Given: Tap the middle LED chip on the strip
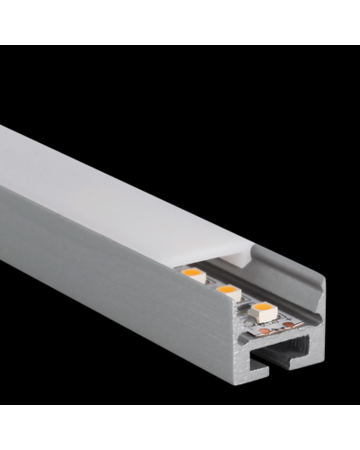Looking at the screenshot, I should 227,292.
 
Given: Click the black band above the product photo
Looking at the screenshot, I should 180,22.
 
